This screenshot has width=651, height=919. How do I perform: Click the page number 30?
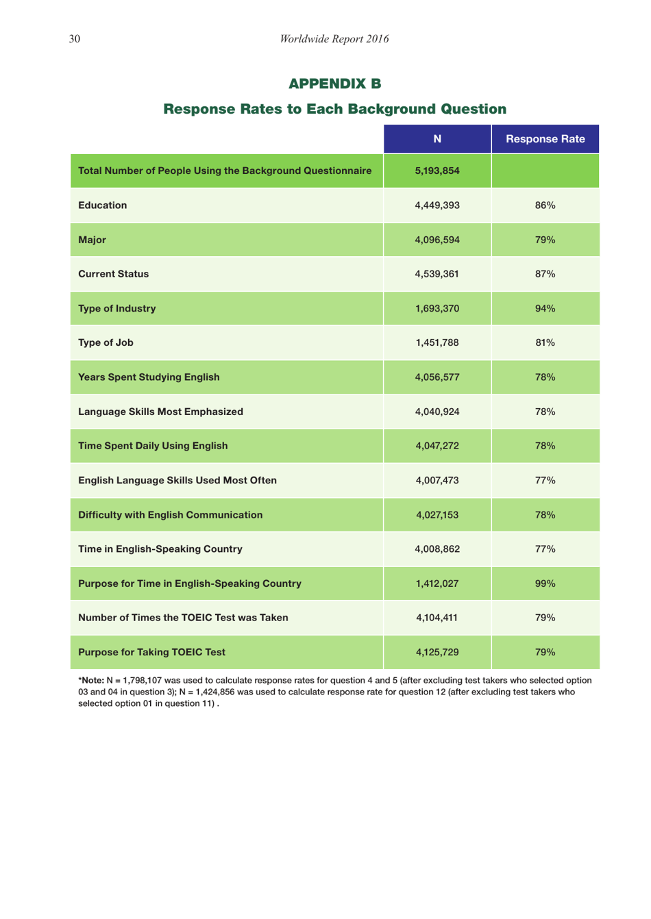[74, 39]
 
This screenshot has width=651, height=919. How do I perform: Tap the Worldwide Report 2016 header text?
[334, 39]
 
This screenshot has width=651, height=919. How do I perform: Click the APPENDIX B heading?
[334, 84]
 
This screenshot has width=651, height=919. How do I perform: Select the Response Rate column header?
[545, 139]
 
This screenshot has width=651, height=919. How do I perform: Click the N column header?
[437, 139]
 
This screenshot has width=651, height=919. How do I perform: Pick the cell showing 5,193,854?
[437, 171]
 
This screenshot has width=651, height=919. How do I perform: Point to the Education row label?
[102, 205]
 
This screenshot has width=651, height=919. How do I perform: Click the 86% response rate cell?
[545, 205]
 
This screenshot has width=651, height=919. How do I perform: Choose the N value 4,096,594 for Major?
[437, 240]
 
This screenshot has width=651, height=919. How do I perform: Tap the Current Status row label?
[113, 274]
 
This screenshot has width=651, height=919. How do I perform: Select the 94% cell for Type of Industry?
[545, 309]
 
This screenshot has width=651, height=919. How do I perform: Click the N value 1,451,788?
[437, 343]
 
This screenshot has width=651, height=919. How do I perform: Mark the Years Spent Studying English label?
[149, 377]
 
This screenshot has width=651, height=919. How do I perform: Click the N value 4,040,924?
[437, 412]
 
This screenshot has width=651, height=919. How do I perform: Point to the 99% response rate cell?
[545, 584]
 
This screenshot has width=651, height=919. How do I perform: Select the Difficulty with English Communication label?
[170, 515]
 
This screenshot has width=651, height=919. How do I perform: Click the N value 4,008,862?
[437, 549]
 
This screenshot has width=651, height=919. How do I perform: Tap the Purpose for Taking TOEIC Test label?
[151, 653]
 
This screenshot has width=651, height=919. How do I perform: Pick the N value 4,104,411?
[437, 618]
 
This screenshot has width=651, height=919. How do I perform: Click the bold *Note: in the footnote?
[91, 681]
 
